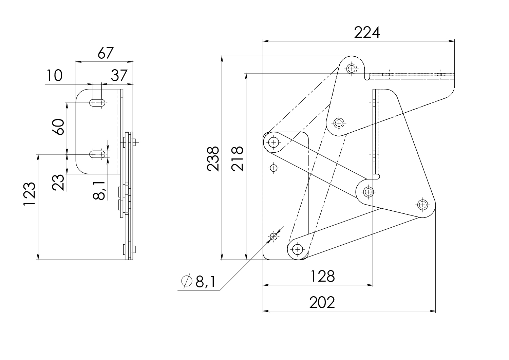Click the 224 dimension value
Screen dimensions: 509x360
click(367, 33)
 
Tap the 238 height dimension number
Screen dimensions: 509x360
click(213, 159)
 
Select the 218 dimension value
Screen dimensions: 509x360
click(237, 159)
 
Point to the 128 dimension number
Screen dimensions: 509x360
click(322, 276)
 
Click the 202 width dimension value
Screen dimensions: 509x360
click(322, 302)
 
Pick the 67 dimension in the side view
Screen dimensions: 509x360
click(106, 53)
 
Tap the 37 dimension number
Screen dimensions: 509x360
click(119, 75)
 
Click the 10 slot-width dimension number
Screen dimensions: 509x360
click(55, 75)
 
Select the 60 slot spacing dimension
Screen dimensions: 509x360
click(58, 127)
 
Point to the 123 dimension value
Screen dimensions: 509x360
click(30, 194)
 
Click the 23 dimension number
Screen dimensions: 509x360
click(58, 182)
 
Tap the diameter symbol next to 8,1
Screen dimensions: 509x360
click(187, 281)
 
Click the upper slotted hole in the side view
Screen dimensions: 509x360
click(97, 103)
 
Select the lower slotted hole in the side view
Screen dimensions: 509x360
click(97, 154)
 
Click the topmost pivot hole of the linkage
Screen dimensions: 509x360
click(352, 69)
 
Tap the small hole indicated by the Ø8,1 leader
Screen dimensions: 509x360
click(274, 236)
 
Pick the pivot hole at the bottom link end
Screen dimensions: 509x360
click(298, 250)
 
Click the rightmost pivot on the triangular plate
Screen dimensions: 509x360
click(422, 205)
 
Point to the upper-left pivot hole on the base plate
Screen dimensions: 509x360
click(274, 142)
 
